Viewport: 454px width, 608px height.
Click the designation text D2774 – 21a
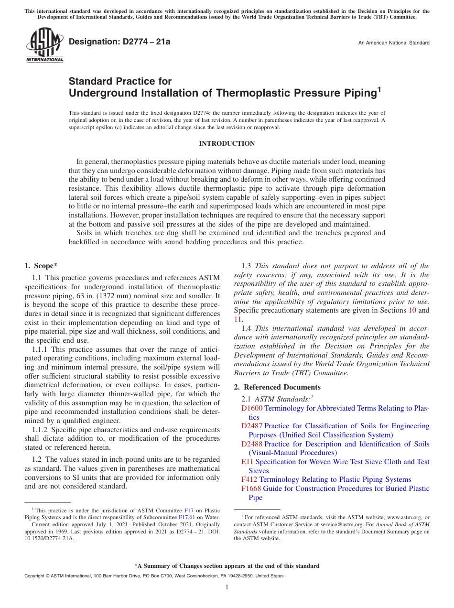coord(119,42)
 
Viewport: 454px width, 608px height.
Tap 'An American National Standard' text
coord(394,43)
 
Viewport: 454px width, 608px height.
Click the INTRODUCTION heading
coord(227,143)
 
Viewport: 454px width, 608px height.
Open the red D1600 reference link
coord(251,408)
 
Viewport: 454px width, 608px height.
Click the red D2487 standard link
coord(251,426)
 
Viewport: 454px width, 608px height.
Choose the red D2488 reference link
coord(251,444)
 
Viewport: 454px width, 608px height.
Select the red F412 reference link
coord(249,479)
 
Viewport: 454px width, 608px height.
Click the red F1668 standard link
coord(251,489)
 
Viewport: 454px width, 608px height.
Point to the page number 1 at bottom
coord(227,587)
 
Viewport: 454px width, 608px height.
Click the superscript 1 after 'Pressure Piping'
coord(379,88)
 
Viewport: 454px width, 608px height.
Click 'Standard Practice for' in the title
coord(120,81)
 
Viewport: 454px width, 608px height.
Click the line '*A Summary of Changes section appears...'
coord(227,566)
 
